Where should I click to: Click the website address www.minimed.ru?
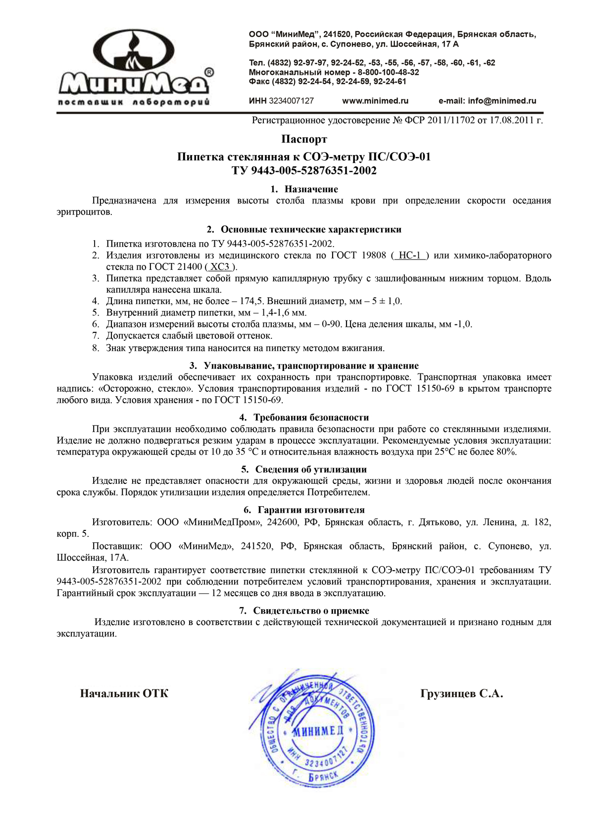pyautogui.click(x=375, y=101)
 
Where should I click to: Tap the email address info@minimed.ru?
pyautogui.click(x=502, y=101)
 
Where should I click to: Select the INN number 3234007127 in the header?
pyautogui.click(x=291, y=101)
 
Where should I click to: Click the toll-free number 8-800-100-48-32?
pyautogui.click(x=389, y=72)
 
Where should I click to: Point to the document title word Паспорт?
pyautogui.click(x=304, y=139)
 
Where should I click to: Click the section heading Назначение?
pyautogui.click(x=311, y=189)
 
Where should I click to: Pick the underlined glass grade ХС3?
pyautogui.click(x=220, y=267)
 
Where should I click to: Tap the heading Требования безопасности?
pyautogui.click(x=311, y=418)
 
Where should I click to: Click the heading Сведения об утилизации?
pyautogui.click(x=311, y=469)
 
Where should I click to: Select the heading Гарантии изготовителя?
pyautogui.click(x=311, y=510)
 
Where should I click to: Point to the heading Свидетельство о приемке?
pyautogui.click(x=311, y=611)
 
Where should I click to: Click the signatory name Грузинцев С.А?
pyautogui.click(x=461, y=693)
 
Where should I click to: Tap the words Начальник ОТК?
pyautogui.click(x=124, y=693)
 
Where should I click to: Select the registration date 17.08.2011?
pyautogui.click(x=512, y=120)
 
